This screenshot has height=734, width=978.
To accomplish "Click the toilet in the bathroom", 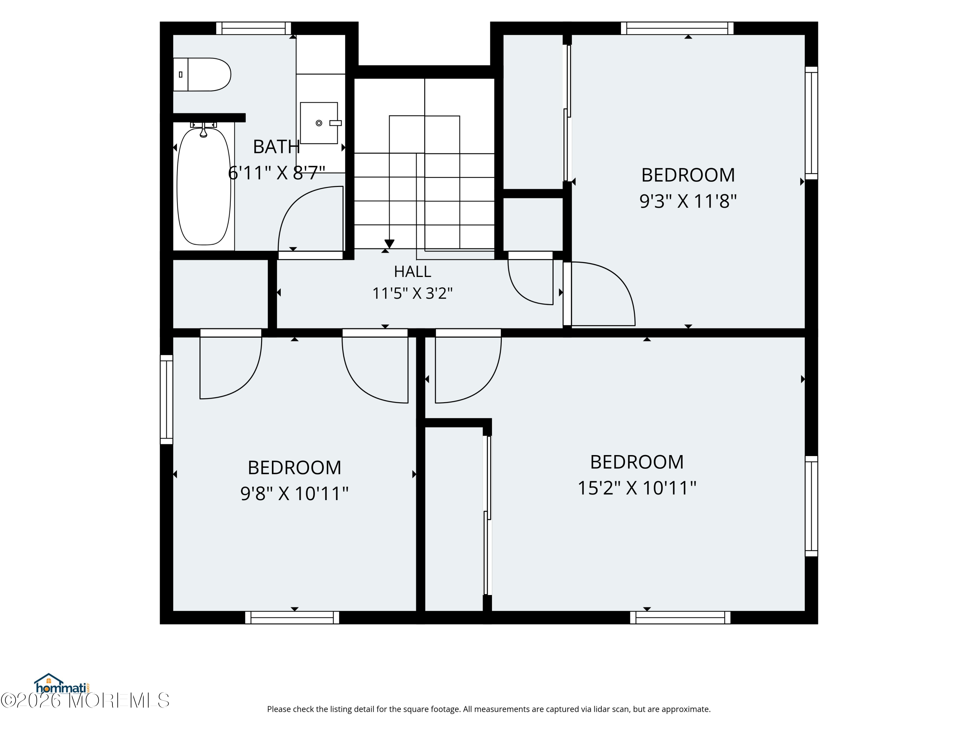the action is click(x=201, y=74).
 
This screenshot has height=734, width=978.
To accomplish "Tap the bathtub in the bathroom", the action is click(x=204, y=186).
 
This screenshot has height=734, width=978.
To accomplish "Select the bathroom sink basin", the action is click(x=319, y=123).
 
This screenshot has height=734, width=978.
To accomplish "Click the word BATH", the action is click(x=276, y=147).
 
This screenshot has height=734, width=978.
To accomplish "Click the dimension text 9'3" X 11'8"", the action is click(x=688, y=201).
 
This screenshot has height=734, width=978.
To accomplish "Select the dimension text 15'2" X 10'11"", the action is click(x=637, y=488).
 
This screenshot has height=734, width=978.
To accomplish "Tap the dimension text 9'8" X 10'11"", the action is click(x=294, y=493).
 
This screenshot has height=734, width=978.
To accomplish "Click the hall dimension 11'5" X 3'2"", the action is click(x=412, y=293).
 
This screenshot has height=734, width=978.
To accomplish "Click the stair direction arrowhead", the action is click(x=389, y=244).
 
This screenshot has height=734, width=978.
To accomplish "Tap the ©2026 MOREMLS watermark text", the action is click(x=85, y=700).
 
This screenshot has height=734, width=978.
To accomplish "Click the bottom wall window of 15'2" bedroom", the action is click(x=680, y=617).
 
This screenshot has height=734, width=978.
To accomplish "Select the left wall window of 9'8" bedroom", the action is click(x=166, y=399).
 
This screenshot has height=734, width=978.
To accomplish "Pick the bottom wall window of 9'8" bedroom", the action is click(x=292, y=617).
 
